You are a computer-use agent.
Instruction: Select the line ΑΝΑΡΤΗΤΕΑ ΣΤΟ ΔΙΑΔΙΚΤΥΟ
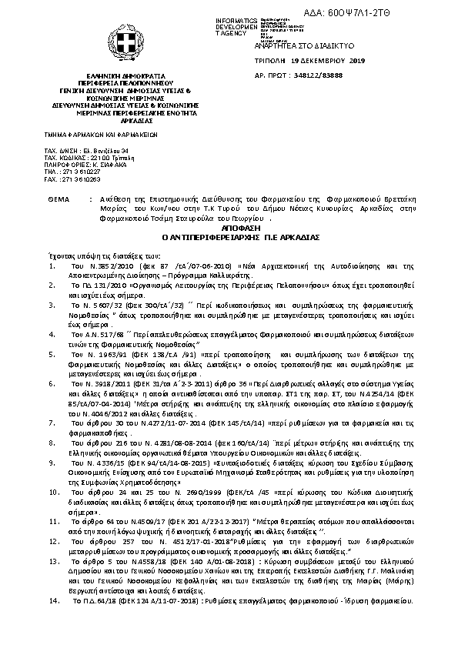tap(300, 47)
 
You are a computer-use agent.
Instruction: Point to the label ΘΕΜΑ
tap(58, 199)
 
